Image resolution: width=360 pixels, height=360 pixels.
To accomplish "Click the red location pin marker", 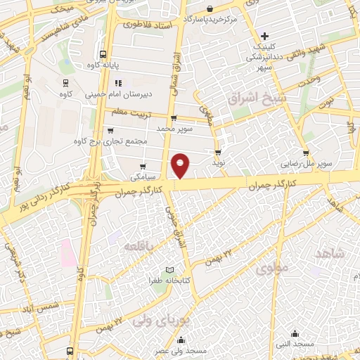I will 181,165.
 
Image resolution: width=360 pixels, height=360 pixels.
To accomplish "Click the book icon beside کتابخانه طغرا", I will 169,271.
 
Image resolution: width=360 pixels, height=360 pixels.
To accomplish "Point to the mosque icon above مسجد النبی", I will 295,333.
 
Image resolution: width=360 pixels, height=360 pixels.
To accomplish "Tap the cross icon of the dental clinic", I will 264,36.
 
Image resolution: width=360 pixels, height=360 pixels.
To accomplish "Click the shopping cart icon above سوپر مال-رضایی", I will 306,153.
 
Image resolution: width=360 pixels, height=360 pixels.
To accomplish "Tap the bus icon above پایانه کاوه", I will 103,53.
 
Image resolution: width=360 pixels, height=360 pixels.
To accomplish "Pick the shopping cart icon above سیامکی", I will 143,167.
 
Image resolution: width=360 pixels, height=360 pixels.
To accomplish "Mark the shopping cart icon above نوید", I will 218,151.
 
